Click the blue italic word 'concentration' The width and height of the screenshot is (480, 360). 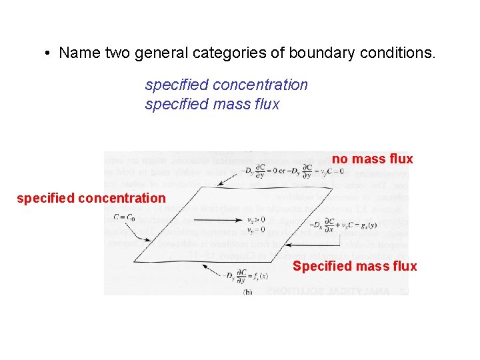(x=260, y=85)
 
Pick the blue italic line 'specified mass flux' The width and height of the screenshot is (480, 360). (x=212, y=104)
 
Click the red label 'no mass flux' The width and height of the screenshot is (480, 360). (x=373, y=159)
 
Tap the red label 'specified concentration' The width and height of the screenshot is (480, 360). (x=91, y=197)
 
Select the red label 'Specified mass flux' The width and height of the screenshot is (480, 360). (x=355, y=266)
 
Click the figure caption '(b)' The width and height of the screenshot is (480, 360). (x=247, y=291)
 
